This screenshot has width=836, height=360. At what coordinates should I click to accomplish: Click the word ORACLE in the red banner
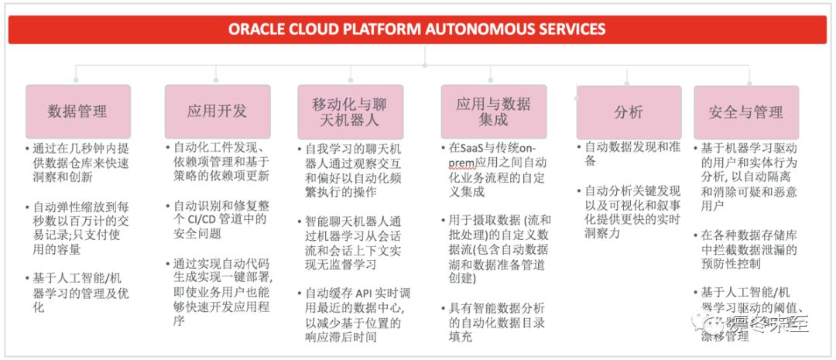tap(259, 29)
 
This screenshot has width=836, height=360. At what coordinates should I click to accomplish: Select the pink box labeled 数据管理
tap(77, 111)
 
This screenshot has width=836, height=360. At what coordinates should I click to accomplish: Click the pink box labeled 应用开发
tap(217, 111)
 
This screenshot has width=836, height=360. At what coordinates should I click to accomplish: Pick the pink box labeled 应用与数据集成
tap(493, 111)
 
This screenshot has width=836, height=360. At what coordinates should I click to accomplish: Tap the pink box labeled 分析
tap(629, 111)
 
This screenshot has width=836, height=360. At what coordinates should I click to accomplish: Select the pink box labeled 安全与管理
tap(746, 111)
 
